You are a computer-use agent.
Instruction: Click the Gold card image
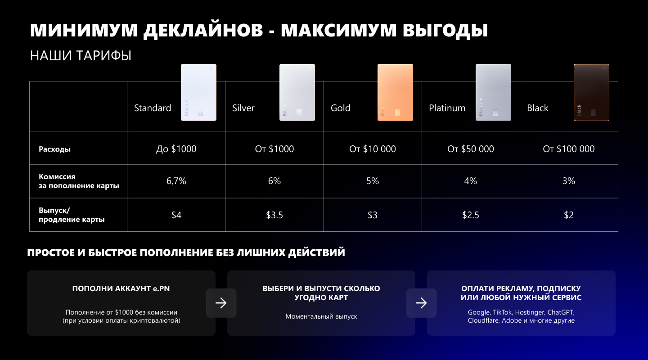click(395, 92)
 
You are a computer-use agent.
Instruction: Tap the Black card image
click(591, 92)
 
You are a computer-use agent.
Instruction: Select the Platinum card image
click(493, 92)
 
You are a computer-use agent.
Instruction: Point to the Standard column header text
click(153, 108)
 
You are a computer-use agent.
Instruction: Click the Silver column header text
click(243, 108)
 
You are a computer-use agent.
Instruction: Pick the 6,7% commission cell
click(176, 181)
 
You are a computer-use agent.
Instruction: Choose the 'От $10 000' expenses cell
click(373, 149)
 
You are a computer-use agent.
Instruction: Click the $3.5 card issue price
click(274, 215)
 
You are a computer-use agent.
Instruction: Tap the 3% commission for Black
click(569, 181)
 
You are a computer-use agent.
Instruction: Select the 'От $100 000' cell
click(569, 149)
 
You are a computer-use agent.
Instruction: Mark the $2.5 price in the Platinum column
click(471, 215)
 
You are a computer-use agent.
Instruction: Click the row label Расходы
click(54, 149)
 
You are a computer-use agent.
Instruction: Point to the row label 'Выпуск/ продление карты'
click(72, 215)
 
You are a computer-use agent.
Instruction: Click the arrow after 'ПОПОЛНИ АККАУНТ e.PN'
click(221, 303)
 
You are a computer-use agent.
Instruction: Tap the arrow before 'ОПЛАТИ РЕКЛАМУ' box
click(421, 303)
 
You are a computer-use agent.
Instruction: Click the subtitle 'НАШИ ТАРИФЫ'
click(81, 56)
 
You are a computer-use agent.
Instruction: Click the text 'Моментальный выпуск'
click(321, 316)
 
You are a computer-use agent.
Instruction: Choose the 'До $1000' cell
click(176, 149)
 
